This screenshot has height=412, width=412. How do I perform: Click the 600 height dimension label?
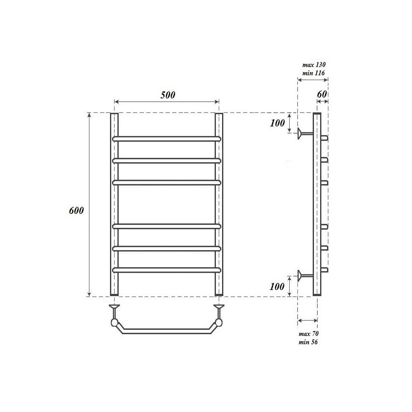coord(77,211)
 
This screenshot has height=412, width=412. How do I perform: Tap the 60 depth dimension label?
coord(322,94)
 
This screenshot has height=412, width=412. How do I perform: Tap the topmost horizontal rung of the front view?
coord(167,139)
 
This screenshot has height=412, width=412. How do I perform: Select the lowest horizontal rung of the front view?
coord(167,270)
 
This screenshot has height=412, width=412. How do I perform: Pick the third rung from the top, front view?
coord(167,182)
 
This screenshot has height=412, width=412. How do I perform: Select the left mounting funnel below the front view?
coord(114,307)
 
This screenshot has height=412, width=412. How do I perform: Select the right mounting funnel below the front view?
coord(219,307)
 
